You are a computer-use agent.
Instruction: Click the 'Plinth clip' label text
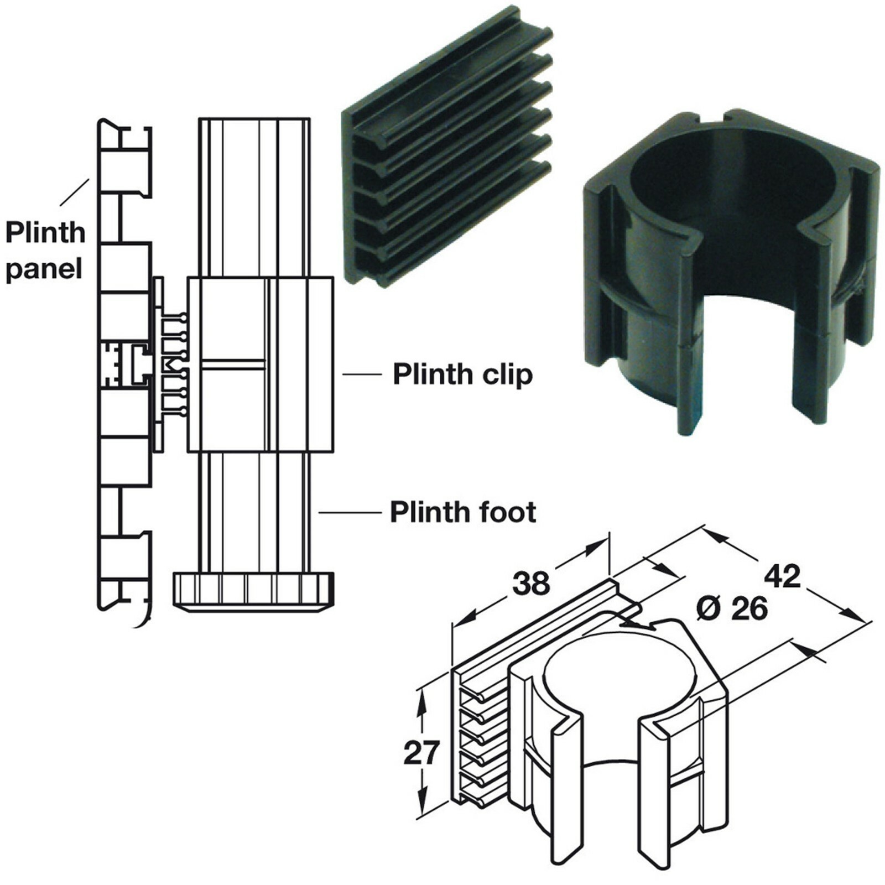(x=462, y=374)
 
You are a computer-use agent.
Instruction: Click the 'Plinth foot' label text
(x=462, y=512)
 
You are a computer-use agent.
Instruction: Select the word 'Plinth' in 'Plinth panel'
(x=45, y=233)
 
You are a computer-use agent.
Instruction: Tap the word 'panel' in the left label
(x=44, y=269)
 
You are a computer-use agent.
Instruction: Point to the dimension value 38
(x=531, y=583)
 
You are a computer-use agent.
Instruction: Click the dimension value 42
(x=782, y=576)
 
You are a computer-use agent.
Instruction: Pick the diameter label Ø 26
(x=732, y=609)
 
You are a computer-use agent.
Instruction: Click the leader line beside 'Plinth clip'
(x=362, y=374)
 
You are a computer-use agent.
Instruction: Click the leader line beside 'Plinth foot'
(x=350, y=513)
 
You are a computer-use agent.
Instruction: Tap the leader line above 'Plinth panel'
(x=75, y=192)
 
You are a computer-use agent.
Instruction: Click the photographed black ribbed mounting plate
(x=442, y=149)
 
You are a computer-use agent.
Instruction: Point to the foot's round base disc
(x=253, y=591)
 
